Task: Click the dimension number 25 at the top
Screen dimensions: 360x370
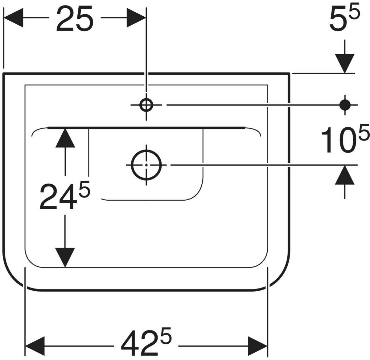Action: [x=75, y=19]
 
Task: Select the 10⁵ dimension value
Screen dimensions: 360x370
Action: [x=345, y=140]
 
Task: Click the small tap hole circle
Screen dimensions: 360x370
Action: [x=146, y=105]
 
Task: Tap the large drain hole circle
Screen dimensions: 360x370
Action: [x=146, y=165]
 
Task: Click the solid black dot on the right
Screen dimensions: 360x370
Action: [x=345, y=105]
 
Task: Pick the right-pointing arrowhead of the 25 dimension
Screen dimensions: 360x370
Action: [x=136, y=18]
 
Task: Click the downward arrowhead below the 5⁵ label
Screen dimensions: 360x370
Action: [x=345, y=63]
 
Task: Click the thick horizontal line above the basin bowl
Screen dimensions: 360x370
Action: [x=146, y=127]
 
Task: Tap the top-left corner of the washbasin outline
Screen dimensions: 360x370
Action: [x=3, y=74]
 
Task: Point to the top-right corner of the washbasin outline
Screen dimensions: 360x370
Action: [x=289, y=74]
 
